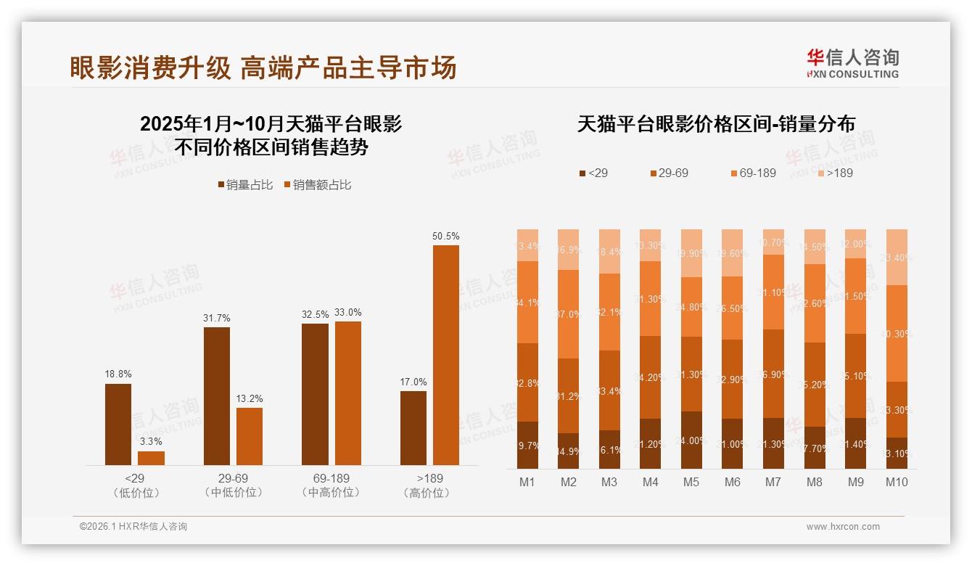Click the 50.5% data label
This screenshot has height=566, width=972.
[445, 237]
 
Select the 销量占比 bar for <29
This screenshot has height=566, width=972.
[118, 424]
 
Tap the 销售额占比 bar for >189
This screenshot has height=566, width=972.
[446, 355]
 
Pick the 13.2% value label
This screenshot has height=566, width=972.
[250, 399]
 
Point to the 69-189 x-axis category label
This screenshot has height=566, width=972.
[331, 479]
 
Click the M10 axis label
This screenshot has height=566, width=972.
[897, 483]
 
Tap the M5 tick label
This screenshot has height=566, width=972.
[691, 483]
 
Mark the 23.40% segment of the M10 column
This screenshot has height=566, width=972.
[897, 257]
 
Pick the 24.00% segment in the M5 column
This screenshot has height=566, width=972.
[691, 440]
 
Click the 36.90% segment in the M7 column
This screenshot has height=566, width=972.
[774, 374]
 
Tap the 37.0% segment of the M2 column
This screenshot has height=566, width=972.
[568, 314]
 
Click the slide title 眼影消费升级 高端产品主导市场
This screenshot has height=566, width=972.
[263, 67]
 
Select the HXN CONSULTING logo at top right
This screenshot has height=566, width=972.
[852, 64]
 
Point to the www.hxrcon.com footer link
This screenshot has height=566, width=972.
[843, 527]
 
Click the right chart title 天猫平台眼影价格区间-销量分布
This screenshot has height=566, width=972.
[716, 124]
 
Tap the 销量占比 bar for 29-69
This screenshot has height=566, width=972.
[217, 395]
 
